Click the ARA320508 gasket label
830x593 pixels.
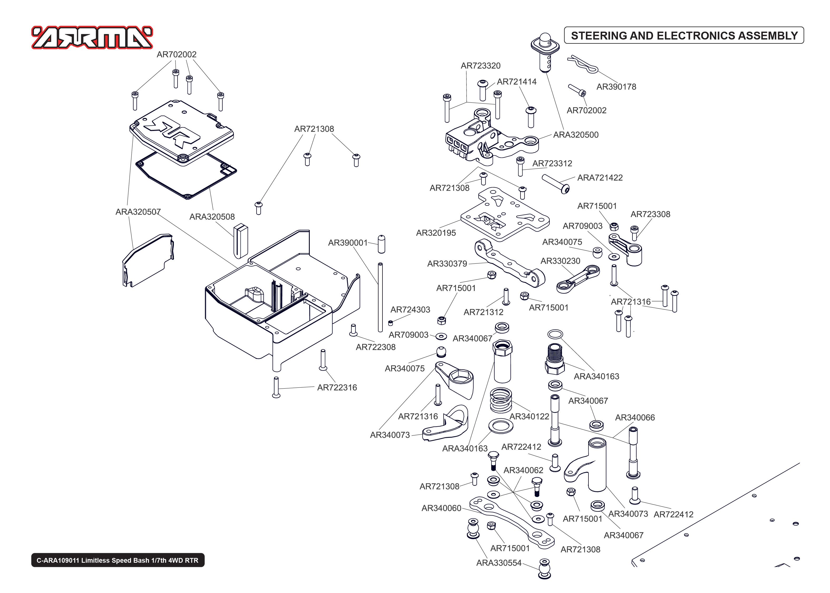click(x=212, y=217)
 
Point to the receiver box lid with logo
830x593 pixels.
click(x=181, y=133)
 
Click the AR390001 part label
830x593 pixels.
click(x=347, y=243)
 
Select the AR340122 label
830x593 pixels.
click(x=529, y=417)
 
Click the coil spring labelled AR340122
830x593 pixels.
click(x=501, y=400)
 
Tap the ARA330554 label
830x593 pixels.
click(x=499, y=563)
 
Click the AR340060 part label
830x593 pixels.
click(x=441, y=508)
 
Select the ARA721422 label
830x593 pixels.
click(x=600, y=178)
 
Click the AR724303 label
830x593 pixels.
click(x=410, y=310)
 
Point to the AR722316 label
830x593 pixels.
click(x=337, y=388)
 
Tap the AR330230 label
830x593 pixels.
click(x=560, y=261)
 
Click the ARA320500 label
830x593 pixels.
click(x=576, y=135)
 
